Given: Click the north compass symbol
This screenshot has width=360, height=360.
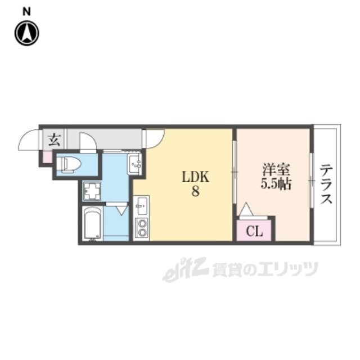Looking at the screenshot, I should click(26, 33).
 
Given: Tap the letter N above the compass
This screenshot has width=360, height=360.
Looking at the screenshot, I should click(26, 11).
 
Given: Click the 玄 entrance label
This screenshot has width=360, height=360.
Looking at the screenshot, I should click(53, 140).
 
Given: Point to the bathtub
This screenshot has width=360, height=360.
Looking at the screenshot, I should click(92, 224).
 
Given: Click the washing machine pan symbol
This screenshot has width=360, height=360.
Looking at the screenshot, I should click(92, 191).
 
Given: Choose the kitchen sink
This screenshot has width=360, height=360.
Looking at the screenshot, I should click(141, 206).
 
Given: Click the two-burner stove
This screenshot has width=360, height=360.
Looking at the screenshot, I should click(141, 228).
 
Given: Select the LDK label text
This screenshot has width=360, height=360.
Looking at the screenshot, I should click(195, 177).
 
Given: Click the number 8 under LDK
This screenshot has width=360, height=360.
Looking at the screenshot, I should click(195, 191).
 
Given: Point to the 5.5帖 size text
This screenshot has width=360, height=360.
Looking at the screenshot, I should click(275, 184).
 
